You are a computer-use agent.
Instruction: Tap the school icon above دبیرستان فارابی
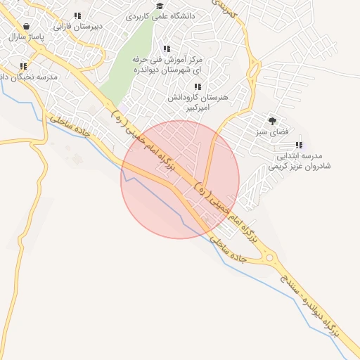tap(77, 15)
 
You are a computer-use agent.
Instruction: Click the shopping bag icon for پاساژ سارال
tap(27, 25)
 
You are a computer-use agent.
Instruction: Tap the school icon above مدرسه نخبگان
tap(23, 66)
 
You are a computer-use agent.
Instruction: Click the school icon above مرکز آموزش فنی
tap(167, 49)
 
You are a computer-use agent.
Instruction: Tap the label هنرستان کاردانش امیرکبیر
tap(193, 103)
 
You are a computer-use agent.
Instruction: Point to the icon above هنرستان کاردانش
tap(198, 86)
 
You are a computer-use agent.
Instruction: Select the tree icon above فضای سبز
tap(272, 121)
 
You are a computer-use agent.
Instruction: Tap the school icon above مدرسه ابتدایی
tap(299, 144)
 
